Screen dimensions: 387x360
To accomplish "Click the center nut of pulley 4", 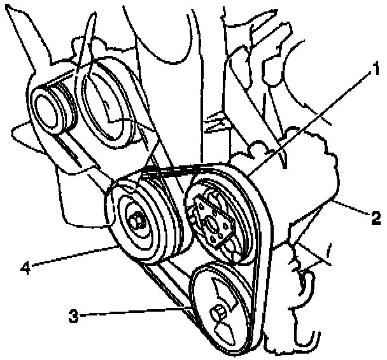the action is click(136, 221).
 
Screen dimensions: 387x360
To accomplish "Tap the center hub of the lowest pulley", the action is click(217, 312).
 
